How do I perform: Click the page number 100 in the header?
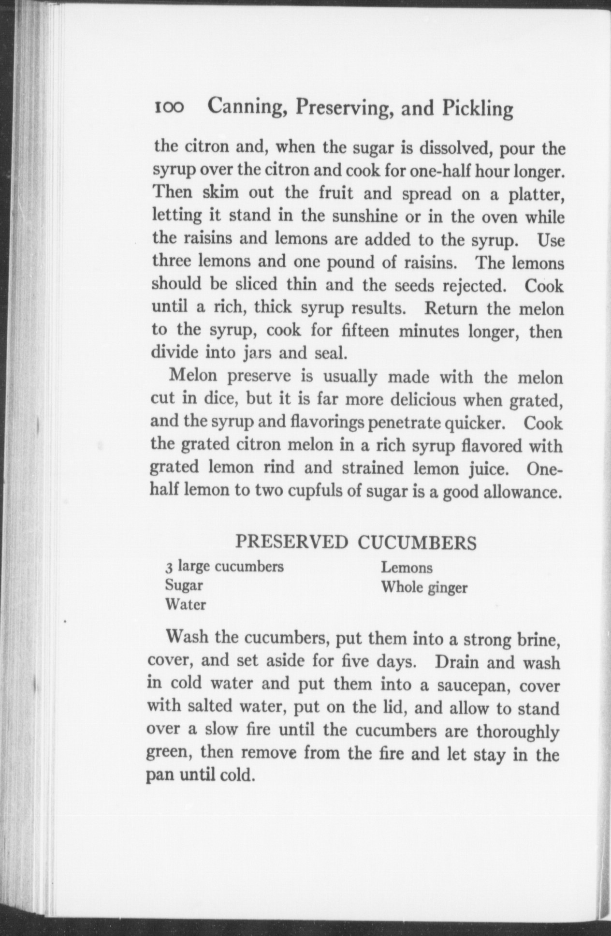pos(170,108)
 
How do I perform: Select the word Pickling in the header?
pos(478,109)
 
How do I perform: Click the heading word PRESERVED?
pos(291,542)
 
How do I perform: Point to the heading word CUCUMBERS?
pos(417,543)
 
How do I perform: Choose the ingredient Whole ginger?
pos(424,587)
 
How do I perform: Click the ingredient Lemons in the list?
pos(407,567)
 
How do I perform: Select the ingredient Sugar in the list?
pos(184,585)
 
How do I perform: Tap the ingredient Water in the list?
pos(186,605)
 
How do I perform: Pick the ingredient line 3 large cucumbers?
pos(224,566)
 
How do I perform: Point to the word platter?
pos(536,194)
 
